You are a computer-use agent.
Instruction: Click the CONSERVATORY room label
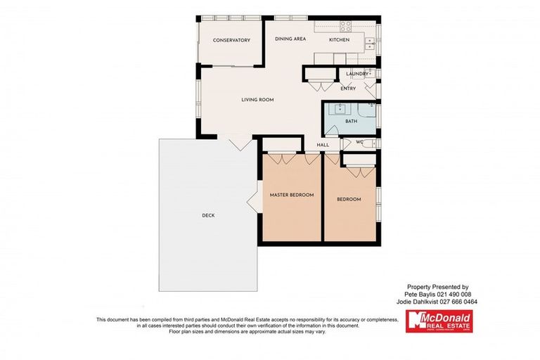pyautogui.click(x=231, y=41)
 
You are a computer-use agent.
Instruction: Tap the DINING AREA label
pyautogui.click(x=290, y=39)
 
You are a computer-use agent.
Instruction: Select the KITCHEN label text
pyautogui.click(x=339, y=40)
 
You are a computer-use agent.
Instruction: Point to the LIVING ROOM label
pyautogui.click(x=257, y=100)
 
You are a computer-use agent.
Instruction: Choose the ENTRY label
pyautogui.click(x=348, y=89)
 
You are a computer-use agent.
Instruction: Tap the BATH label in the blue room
pyautogui.click(x=352, y=122)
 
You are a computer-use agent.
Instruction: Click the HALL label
pyautogui.click(x=323, y=145)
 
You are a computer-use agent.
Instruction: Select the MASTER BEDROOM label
pyautogui.click(x=292, y=195)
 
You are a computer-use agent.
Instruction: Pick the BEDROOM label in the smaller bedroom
pyautogui.click(x=349, y=200)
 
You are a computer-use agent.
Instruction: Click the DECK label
pyautogui.click(x=208, y=216)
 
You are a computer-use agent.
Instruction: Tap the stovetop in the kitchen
pyautogui.click(x=346, y=27)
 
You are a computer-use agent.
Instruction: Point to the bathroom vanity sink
pyautogui.click(x=339, y=109)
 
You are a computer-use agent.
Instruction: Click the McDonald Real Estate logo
pyautogui.click(x=439, y=321)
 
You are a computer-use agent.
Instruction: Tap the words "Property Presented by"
pyautogui.click(x=437, y=287)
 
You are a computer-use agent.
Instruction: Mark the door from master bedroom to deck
pyautogui.click(x=254, y=203)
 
